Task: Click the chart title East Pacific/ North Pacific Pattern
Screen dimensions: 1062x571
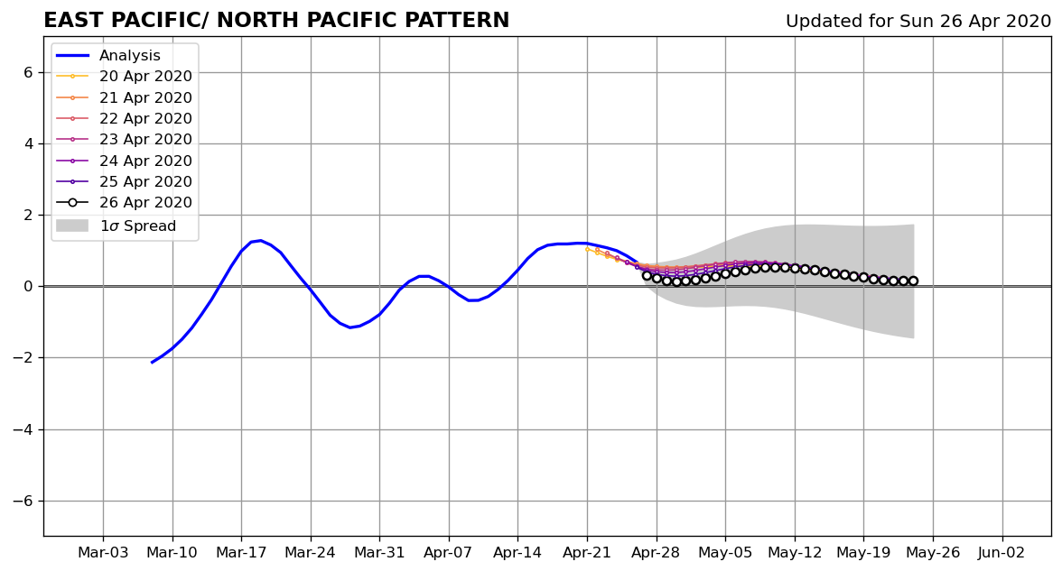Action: point(276,20)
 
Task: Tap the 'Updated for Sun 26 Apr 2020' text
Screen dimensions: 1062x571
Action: point(918,21)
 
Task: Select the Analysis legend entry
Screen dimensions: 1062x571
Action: point(108,56)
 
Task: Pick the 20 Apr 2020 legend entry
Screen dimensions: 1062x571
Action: point(124,77)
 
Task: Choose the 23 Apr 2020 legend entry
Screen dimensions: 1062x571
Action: point(124,139)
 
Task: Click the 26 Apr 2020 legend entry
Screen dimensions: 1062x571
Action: point(124,202)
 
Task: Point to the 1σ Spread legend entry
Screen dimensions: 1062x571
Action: point(116,226)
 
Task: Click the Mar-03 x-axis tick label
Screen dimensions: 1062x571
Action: point(103,553)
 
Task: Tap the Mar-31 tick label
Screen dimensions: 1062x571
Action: point(379,553)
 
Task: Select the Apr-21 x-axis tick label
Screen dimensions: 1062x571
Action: point(587,553)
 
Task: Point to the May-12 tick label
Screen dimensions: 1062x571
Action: point(795,553)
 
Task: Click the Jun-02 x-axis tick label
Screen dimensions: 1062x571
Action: point(1001,553)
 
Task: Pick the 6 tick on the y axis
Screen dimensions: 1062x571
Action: point(28,72)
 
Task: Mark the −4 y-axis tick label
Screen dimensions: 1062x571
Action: point(23,429)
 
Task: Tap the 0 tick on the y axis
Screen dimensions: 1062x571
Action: point(28,287)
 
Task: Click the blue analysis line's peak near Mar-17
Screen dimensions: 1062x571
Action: point(260,240)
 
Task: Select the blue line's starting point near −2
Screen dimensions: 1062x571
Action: point(152,363)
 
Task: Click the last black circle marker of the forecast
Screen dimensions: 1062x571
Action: point(913,281)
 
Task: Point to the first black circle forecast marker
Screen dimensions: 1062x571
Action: point(647,276)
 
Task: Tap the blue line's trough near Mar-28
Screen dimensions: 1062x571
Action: point(350,327)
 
